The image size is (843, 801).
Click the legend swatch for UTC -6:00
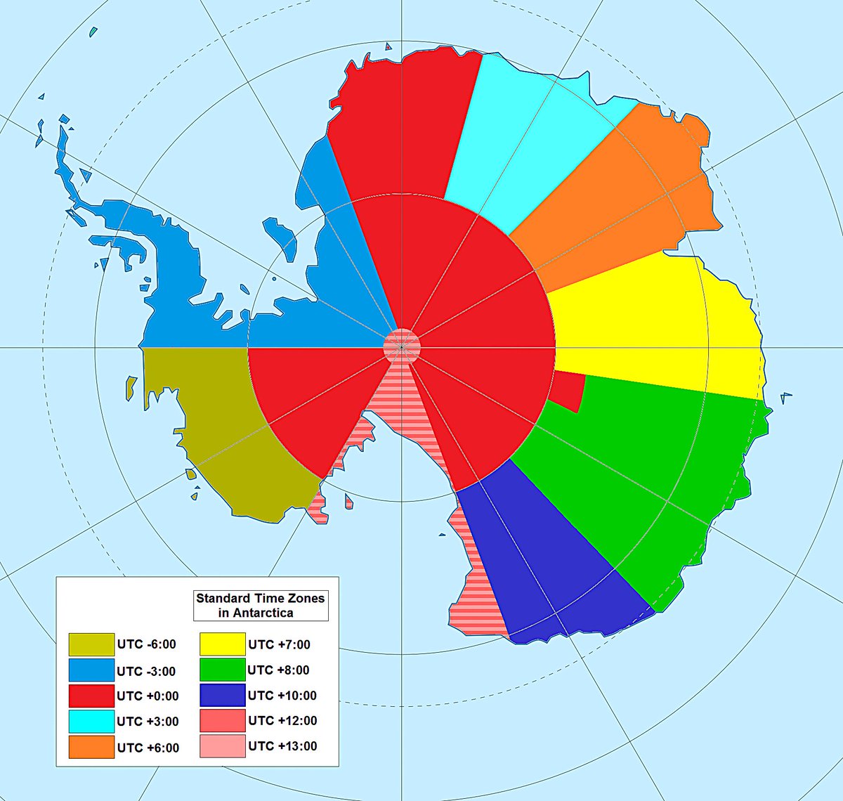(91, 644)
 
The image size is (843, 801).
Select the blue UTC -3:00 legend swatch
(91, 670)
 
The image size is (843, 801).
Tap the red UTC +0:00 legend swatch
(91, 696)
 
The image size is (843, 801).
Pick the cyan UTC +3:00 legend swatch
(91, 721)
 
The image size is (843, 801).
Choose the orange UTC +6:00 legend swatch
(91, 747)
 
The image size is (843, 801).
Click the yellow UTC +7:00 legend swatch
(222, 644)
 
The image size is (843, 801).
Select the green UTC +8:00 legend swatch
(222, 670)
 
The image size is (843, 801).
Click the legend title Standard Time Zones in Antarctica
(261, 606)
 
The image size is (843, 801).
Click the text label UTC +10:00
(282, 696)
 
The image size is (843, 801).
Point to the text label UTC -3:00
(146, 671)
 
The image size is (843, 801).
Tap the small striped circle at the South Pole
(402, 346)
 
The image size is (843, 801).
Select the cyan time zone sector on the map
(527, 141)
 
